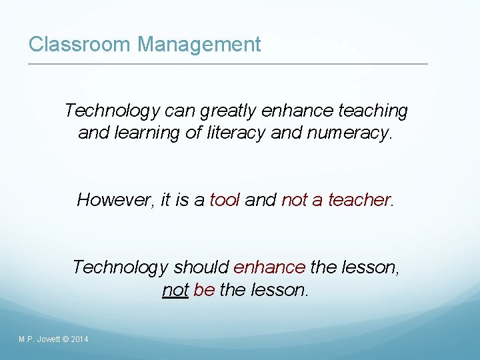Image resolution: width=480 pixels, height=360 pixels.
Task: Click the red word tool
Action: pos(225,199)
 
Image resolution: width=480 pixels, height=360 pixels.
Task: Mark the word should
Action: pos(201,267)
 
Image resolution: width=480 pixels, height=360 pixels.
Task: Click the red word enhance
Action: pos(269,267)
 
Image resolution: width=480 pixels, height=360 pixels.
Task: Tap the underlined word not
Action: pos(175,291)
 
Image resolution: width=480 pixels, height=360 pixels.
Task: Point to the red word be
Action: pos(204,291)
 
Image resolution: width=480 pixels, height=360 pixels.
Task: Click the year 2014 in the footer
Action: pos(79,340)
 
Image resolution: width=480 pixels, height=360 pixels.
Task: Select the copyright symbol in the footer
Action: pos(65,340)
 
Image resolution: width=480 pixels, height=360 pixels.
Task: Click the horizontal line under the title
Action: pos(227,64)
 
